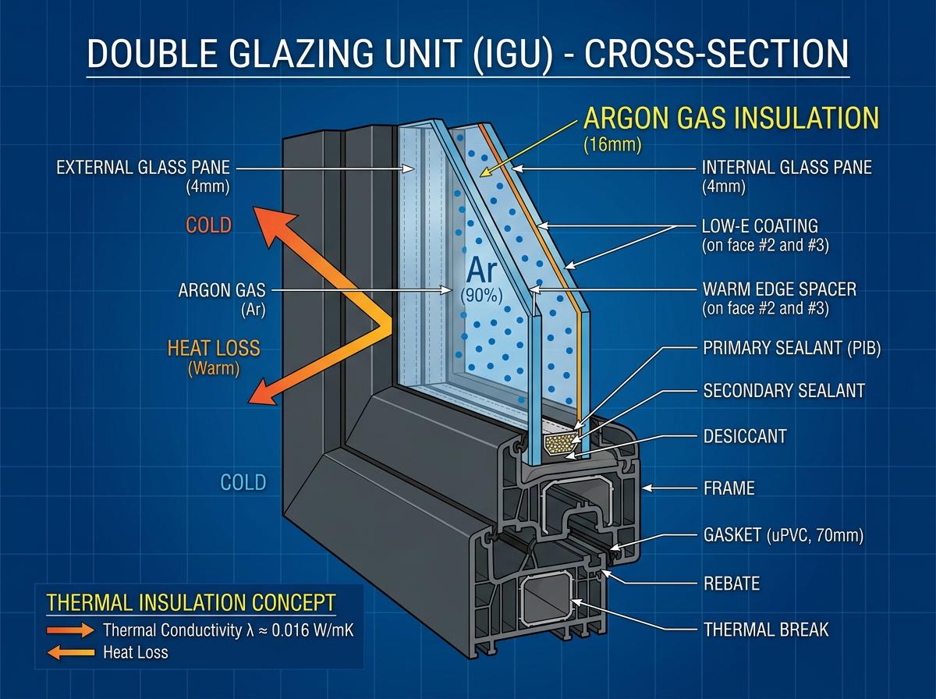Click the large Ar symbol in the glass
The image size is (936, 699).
(x=482, y=271)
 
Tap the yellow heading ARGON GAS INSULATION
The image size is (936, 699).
(x=731, y=118)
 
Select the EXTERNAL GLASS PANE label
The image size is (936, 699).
(x=144, y=167)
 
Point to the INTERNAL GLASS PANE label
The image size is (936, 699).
(x=787, y=167)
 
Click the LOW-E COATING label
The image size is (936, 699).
(x=760, y=225)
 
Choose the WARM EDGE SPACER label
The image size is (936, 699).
(x=779, y=289)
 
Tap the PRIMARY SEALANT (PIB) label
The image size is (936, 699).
(x=792, y=348)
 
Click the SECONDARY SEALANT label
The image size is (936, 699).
(x=784, y=391)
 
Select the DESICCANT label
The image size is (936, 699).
(x=745, y=436)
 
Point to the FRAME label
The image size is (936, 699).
(x=729, y=488)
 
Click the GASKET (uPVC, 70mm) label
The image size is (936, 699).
(x=783, y=535)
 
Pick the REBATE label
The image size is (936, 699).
(x=732, y=584)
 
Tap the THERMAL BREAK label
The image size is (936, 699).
(x=766, y=630)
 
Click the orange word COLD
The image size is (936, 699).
(x=208, y=225)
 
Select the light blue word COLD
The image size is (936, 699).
(x=243, y=482)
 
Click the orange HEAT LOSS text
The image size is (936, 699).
(x=214, y=348)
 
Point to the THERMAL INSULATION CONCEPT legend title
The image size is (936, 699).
(x=191, y=602)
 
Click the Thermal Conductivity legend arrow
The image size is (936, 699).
(x=71, y=630)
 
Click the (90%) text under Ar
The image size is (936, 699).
(x=481, y=296)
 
